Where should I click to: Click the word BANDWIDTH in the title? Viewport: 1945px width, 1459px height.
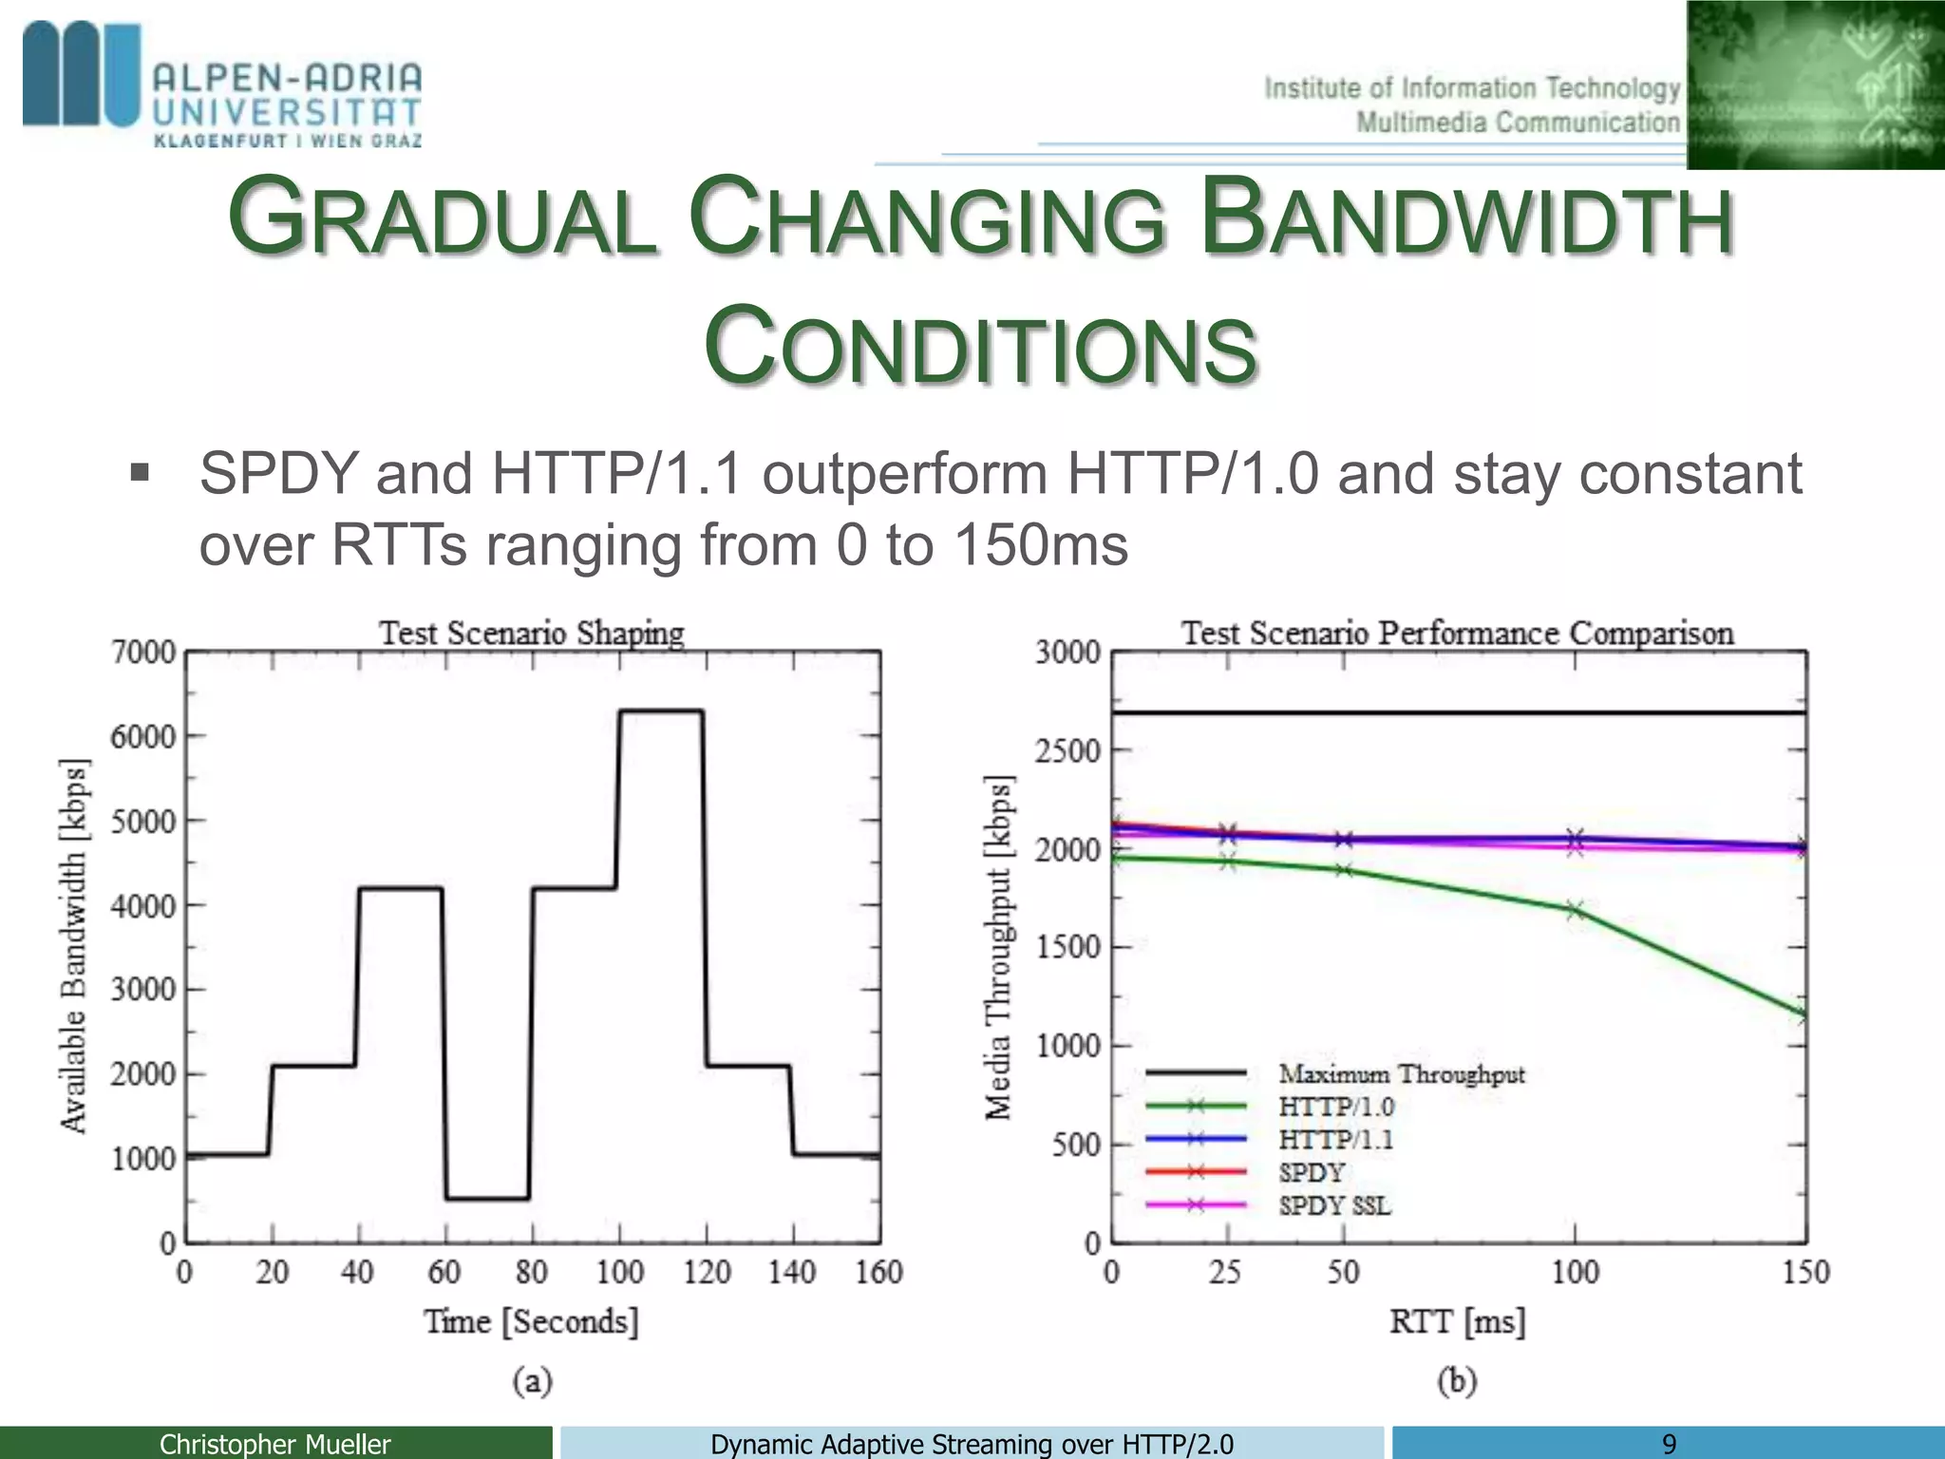coord(1466,219)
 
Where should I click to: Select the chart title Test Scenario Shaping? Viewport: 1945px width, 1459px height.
coord(531,633)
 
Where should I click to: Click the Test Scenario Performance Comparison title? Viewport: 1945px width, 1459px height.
coord(1457,633)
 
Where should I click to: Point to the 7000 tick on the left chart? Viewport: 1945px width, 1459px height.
coord(143,653)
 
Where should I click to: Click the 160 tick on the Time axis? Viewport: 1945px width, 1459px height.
coord(878,1272)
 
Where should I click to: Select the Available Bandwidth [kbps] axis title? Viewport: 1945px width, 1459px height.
coord(74,946)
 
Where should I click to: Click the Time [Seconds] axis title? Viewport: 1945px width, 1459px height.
coord(531,1321)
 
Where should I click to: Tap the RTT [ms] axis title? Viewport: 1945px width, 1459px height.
coord(1457,1321)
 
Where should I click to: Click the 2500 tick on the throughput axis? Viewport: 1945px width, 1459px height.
coord(1067,751)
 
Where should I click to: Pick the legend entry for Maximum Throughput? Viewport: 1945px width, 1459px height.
coord(1401,1074)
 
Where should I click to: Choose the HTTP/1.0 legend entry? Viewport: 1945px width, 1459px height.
coord(1335,1107)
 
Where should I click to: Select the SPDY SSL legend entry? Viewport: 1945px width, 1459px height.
coord(1333,1206)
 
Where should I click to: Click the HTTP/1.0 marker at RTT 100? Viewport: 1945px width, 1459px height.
coord(1575,911)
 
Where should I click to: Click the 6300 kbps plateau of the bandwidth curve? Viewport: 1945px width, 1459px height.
coord(661,711)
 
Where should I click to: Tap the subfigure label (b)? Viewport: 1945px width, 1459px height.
coord(1457,1380)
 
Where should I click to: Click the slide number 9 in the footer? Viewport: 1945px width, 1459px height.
coord(1669,1444)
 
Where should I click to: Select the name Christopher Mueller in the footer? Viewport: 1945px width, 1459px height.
coord(274,1444)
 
